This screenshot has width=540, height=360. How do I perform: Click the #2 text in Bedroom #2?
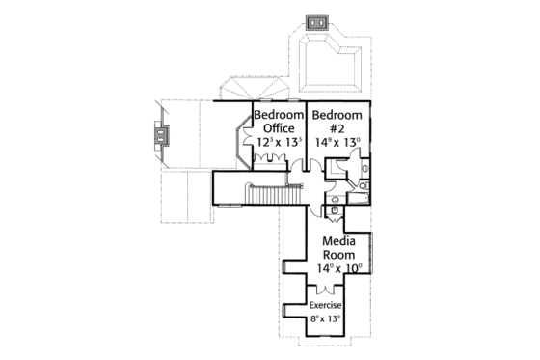337,127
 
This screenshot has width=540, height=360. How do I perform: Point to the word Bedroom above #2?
337,115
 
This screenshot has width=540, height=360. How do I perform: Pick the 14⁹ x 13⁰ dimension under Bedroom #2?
337,141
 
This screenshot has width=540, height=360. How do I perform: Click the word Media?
340,240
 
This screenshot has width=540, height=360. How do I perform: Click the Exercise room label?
326,306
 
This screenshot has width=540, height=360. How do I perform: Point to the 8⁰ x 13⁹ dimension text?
326,318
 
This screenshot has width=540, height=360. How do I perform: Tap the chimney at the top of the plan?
316,22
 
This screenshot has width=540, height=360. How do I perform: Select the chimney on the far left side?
158,139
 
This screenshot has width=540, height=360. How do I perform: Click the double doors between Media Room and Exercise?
326,290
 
